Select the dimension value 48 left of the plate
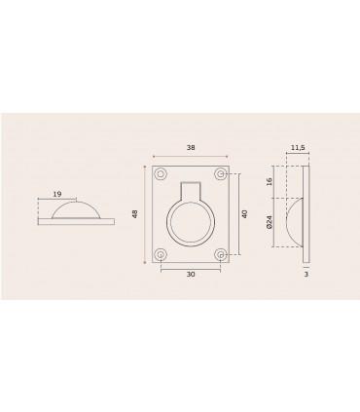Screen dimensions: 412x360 134,214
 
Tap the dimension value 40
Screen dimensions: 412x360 245,214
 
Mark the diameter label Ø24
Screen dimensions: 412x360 270,223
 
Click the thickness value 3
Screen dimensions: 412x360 306,277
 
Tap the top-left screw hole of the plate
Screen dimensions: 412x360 161,173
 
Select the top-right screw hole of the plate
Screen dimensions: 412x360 223,173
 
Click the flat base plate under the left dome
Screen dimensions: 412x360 76,221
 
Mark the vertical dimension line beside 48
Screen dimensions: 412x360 146,214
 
